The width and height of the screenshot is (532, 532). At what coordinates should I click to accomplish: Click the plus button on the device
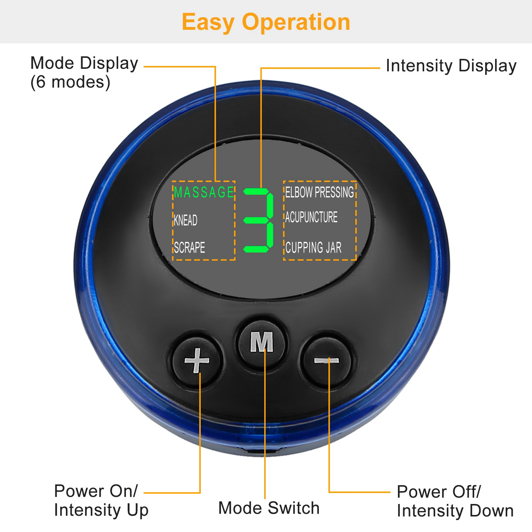(x=197, y=360)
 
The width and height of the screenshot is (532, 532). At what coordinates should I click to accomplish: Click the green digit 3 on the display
(x=259, y=220)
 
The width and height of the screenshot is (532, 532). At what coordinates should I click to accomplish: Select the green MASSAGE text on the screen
(x=204, y=193)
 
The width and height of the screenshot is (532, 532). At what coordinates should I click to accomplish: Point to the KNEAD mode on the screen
(x=186, y=220)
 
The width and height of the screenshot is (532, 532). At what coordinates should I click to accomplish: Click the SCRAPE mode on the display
(x=189, y=247)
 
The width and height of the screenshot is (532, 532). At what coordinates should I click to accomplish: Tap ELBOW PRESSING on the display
(x=319, y=192)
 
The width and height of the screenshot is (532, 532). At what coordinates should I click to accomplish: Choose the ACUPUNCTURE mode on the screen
(x=311, y=217)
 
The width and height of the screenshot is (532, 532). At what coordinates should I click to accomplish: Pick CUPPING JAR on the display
(x=313, y=247)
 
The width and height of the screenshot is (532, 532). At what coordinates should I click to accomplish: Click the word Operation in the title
(x=296, y=22)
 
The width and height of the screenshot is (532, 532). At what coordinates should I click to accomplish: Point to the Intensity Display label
(x=451, y=66)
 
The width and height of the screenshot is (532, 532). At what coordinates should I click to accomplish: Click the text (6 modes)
(x=70, y=82)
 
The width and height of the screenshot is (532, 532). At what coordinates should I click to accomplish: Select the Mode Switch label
(x=269, y=508)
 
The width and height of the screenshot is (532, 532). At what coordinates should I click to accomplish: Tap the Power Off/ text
(x=439, y=492)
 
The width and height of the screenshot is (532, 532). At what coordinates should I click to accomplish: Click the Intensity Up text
(x=101, y=510)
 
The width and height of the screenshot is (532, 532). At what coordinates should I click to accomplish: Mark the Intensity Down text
(x=455, y=511)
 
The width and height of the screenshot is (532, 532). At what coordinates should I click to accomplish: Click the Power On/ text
(x=96, y=491)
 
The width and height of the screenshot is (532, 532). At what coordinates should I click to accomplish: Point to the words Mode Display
(x=84, y=63)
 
